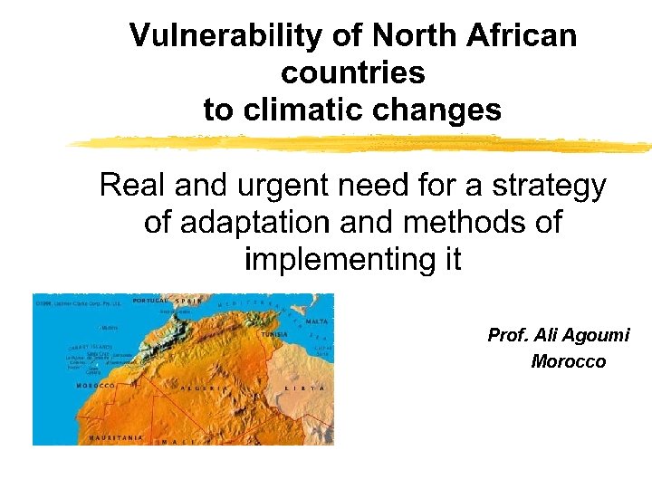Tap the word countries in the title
coord(352,72)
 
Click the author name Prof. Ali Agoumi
coord(558,335)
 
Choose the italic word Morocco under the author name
coord(568,362)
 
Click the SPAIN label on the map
coord(187,300)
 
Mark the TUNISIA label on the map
coord(273,333)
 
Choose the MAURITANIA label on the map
coord(115,437)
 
